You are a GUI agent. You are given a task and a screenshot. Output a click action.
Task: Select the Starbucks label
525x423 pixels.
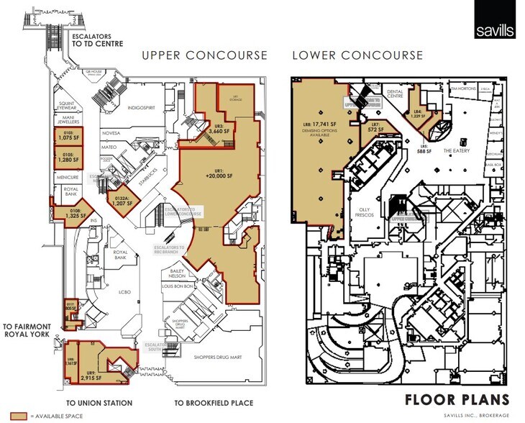(x=150, y=171)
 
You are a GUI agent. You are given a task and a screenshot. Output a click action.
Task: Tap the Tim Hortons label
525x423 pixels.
(x=465, y=90)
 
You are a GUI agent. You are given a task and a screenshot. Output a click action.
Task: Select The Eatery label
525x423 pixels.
(x=456, y=151)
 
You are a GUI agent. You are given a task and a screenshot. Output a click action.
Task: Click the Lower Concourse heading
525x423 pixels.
(x=359, y=55)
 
